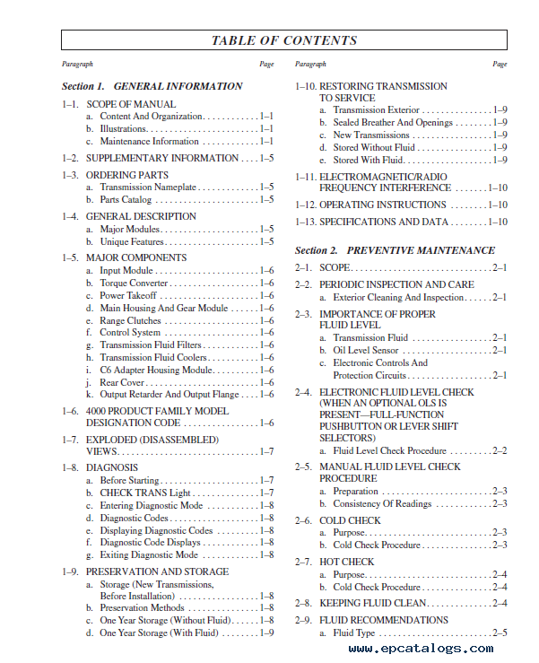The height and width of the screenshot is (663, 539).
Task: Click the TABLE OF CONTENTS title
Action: tap(283, 40)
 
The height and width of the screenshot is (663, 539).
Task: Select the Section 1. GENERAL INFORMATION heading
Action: tap(152, 86)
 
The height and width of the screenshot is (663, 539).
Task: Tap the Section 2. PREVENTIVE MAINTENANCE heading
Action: tap(395, 250)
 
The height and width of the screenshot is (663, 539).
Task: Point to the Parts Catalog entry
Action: tap(126, 199)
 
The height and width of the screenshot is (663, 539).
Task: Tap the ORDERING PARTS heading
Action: tap(126, 175)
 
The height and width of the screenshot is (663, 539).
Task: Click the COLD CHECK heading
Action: tap(350, 520)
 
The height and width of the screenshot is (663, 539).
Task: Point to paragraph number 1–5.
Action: tap(70, 257)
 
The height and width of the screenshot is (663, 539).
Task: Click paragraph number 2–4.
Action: tap(303, 392)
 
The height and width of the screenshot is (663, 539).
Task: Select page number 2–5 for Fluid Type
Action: tap(499, 632)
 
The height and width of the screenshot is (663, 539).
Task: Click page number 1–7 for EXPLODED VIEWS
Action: tap(266, 451)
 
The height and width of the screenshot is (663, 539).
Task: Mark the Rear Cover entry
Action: tap(125, 382)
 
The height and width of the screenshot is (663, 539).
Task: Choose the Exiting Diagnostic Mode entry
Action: tap(149, 554)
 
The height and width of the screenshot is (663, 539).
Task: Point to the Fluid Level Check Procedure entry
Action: tap(390, 450)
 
